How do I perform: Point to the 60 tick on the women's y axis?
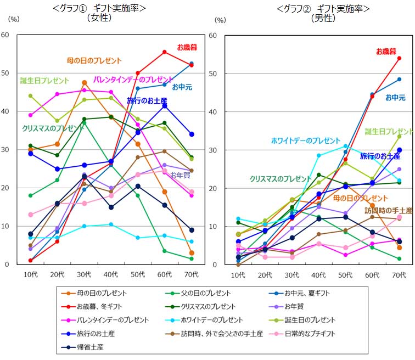tap(5, 35)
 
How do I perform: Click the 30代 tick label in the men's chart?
tap(292, 273)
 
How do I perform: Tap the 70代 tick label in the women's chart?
tap(191, 273)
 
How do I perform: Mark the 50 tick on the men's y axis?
tap(213, 74)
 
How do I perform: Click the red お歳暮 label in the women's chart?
tap(187, 47)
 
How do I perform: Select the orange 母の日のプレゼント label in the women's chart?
tap(94, 60)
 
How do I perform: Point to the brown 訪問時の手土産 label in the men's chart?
tap(388, 211)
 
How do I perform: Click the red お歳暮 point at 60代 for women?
tap(164, 52)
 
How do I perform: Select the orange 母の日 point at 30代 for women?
tap(84, 83)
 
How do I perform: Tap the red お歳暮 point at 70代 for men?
tap(399, 58)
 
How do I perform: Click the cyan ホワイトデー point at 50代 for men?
tap(346, 146)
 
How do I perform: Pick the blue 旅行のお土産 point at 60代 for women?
tap(164, 106)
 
